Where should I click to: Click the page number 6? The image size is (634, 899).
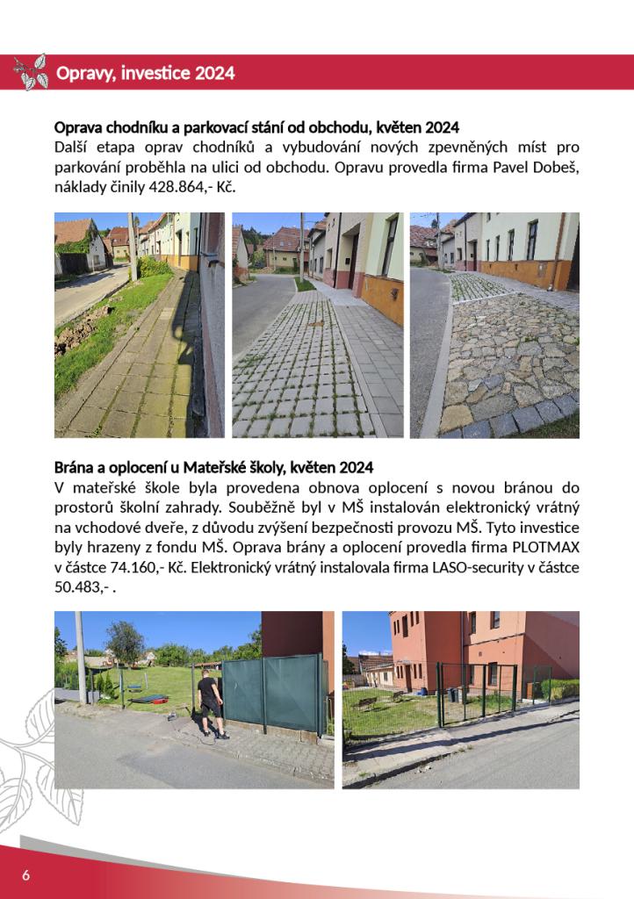click(x=26, y=874)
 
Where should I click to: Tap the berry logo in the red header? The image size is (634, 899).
click(x=32, y=72)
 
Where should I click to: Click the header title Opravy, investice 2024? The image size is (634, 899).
click(x=145, y=73)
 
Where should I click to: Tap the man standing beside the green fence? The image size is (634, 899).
click(x=209, y=701)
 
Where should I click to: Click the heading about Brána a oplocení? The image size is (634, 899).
click(x=213, y=467)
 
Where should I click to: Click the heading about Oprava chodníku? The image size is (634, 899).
click(x=256, y=127)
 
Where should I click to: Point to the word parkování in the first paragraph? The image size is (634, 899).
click(x=90, y=167)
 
